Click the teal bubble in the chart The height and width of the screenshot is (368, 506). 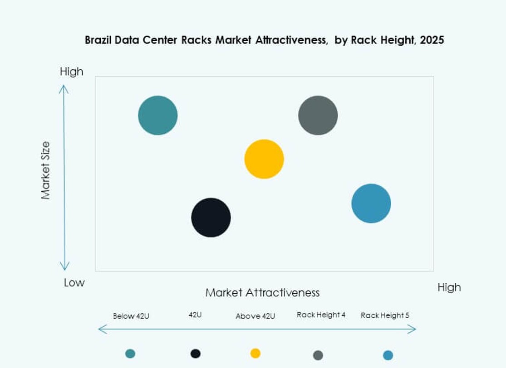pos(157,115)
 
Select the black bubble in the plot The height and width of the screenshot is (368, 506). pos(211,218)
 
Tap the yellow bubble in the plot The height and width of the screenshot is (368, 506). pos(264,159)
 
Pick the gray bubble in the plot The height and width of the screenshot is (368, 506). pos(318,115)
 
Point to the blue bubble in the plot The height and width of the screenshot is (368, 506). pos(371,203)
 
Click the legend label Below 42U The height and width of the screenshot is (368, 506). pos(131,316)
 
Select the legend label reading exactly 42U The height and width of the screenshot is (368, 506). pos(195,315)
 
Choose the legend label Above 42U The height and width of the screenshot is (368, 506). pos(255,316)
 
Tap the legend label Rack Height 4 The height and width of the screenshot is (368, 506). pos(321,315)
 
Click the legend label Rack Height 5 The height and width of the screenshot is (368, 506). pos(385,315)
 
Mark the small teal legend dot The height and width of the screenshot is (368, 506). pos(130,353)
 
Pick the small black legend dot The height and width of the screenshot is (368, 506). pos(196,353)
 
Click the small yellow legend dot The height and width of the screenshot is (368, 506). pos(255,353)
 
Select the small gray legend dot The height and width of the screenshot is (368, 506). pos(318,355)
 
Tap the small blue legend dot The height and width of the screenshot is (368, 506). pos(388,355)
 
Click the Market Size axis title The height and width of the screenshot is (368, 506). pos(45,170)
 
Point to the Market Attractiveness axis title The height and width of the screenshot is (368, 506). pos(262,292)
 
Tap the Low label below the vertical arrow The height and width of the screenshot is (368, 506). pos(74,283)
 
